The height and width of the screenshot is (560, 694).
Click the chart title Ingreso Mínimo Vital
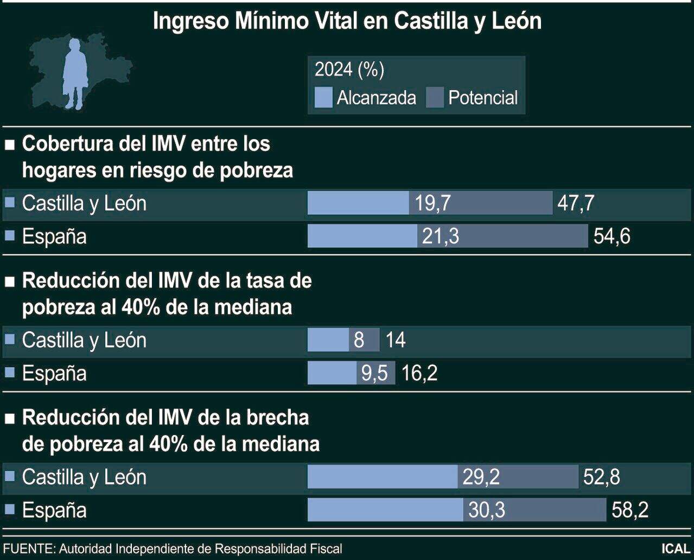[x=347, y=21]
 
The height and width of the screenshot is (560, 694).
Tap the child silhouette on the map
[x=74, y=73]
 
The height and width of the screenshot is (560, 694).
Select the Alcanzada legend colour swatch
[x=323, y=98]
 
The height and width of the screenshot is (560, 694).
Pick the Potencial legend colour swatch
[x=435, y=98]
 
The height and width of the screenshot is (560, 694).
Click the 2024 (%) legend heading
[x=349, y=70]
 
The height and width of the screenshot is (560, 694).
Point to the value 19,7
[x=432, y=203]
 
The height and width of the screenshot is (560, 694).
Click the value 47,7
[x=575, y=203]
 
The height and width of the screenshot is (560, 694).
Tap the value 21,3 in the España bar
[x=440, y=236]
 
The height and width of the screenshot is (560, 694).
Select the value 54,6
[x=612, y=236]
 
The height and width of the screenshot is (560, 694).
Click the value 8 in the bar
[x=359, y=340]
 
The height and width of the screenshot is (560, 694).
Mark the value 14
[x=395, y=340]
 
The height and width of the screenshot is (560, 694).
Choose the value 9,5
[x=374, y=373]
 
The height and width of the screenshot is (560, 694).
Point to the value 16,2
[x=419, y=373]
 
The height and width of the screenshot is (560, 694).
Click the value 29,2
[x=481, y=477]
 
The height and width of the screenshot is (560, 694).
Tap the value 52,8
[x=601, y=477]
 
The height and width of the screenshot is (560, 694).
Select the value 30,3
[x=486, y=510]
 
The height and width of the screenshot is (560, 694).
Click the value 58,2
[x=629, y=510]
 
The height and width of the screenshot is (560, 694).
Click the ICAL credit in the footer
[x=675, y=549]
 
